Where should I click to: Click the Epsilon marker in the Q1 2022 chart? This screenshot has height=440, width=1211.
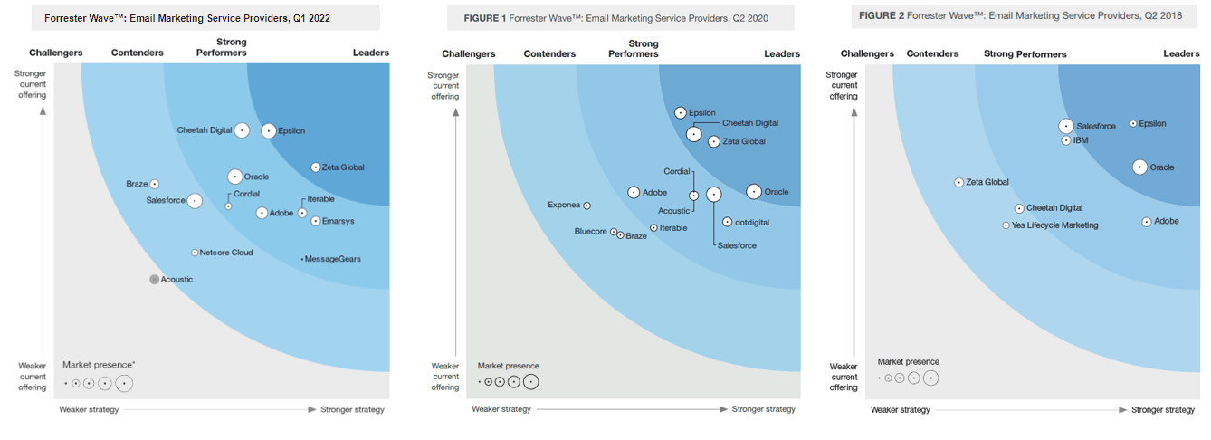(269, 130)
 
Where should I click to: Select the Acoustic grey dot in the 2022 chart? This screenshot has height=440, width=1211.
(154, 280)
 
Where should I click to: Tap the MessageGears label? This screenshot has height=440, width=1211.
(333, 259)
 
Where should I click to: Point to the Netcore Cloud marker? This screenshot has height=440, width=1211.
(195, 253)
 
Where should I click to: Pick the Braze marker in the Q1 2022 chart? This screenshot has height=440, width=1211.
(155, 184)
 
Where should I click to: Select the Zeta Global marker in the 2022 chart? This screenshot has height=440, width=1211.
(315, 167)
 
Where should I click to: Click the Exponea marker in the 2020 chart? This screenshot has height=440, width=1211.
(586, 206)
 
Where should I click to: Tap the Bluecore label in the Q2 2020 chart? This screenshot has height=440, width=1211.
(590, 232)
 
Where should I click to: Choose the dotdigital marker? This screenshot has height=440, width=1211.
(727, 222)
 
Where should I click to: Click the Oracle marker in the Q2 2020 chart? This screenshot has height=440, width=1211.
(753, 191)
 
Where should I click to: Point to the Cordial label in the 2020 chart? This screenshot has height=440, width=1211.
(677, 171)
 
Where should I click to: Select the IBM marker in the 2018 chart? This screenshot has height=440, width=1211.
(1066, 140)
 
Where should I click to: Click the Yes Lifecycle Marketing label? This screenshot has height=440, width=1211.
(1054, 225)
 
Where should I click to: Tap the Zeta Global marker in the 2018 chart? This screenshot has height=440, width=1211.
(959, 182)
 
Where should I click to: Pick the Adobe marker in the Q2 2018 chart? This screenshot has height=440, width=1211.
(1147, 221)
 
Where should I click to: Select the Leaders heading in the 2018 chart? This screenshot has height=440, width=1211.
(1181, 54)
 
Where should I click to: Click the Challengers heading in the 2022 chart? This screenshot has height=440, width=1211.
(56, 53)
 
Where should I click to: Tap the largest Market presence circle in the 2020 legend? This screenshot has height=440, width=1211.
(530, 381)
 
